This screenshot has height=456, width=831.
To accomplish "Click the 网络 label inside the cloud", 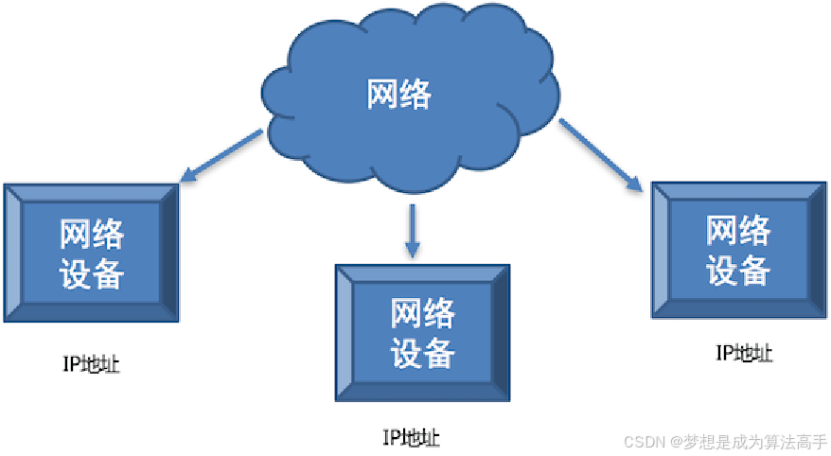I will (x=398, y=95).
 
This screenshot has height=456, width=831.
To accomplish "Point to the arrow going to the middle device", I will (x=411, y=231).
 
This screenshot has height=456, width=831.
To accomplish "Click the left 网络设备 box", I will (x=92, y=253).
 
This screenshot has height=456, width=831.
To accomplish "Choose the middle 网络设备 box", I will (x=423, y=332).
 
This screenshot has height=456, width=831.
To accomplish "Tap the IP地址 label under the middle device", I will (x=411, y=437).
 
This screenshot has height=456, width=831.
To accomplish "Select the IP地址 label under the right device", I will (x=744, y=354).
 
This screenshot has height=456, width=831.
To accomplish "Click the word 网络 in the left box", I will (x=92, y=233).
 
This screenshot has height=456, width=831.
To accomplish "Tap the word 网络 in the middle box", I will (x=423, y=312).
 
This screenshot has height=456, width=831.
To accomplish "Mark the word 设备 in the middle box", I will (x=423, y=353).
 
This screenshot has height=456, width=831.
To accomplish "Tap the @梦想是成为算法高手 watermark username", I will (x=748, y=442).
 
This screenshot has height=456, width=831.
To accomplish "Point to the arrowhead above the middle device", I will (x=411, y=251).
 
